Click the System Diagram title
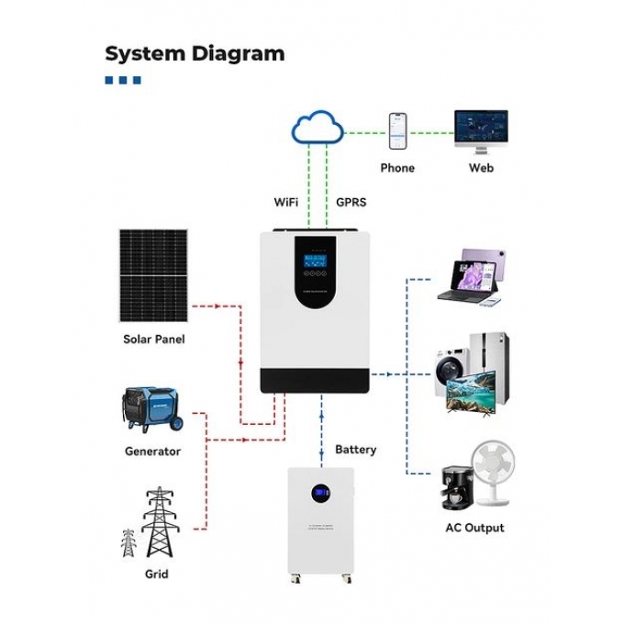tap(195, 53)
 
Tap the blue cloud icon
tap(317, 127)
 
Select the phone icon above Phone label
tap(397, 131)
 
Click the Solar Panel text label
tap(153, 340)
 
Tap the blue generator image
tap(151, 411)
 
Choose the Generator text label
tap(152, 451)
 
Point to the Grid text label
tap(156, 574)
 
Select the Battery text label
tap(356, 450)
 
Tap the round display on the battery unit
tap(320, 495)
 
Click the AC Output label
tap(474, 528)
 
